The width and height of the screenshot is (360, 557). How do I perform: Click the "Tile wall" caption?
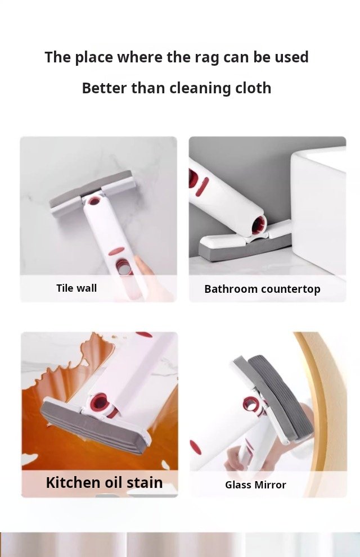coord(76,288)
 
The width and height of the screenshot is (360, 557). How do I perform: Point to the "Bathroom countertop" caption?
coord(262,289)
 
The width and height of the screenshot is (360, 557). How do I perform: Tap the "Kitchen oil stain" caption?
coord(104,482)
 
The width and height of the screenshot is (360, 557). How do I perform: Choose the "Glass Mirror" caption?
coord(255,484)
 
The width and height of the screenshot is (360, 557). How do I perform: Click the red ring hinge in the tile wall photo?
coord(94,201)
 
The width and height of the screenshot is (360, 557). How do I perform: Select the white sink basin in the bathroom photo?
coord(318,210)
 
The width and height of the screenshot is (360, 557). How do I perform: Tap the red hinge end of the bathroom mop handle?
coord(259,225)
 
